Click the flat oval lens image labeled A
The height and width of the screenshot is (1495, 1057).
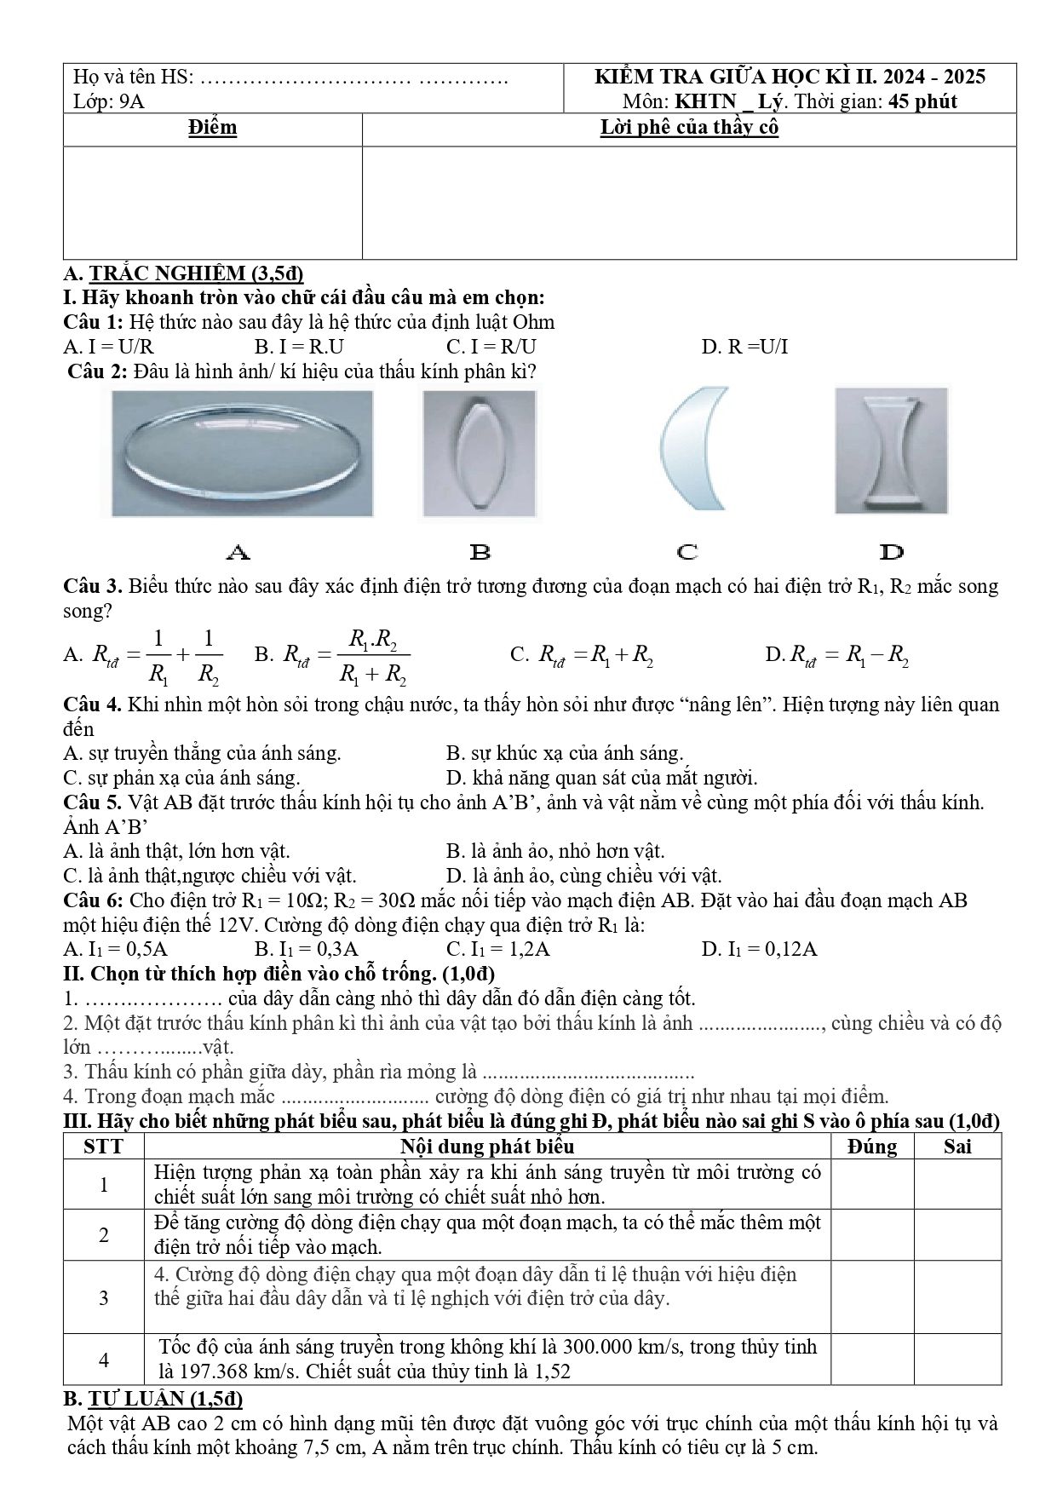click(x=243, y=453)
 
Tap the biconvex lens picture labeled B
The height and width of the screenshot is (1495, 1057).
click(x=480, y=453)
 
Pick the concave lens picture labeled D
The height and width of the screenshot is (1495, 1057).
click(x=891, y=451)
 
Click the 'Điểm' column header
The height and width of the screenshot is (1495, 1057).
click(x=213, y=128)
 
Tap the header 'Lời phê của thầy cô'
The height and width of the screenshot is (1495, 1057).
click(x=690, y=128)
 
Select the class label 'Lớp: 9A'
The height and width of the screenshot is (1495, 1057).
click(x=109, y=101)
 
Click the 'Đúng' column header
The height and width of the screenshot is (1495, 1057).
click(x=873, y=1147)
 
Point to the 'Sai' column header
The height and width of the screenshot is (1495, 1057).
click(x=958, y=1147)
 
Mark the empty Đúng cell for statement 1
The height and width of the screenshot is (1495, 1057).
click(x=873, y=1184)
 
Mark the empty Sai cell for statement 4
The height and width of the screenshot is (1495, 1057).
click(x=958, y=1359)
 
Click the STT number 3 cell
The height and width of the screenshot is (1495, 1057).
click(x=104, y=1297)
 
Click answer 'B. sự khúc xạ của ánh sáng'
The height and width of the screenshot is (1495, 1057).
click(x=565, y=754)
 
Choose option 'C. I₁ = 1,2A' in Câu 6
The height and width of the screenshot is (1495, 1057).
click(x=498, y=950)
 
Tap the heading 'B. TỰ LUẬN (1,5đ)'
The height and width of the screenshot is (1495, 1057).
click(x=153, y=1398)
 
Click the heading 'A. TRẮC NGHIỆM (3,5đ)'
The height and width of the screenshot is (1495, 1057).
click(x=184, y=273)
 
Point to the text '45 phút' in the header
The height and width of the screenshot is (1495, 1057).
click(x=922, y=102)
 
